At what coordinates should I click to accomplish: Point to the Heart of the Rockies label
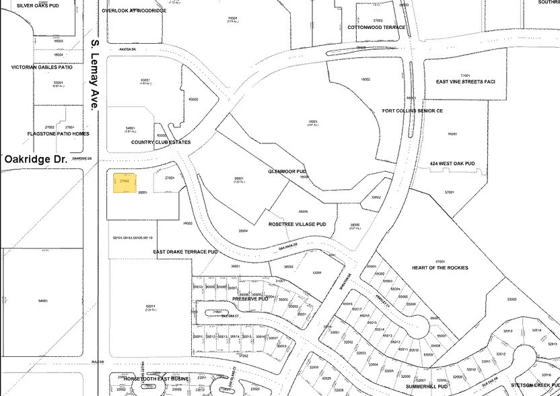(x=440, y=267)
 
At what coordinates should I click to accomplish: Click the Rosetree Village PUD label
(x=297, y=224)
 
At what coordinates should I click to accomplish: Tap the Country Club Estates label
(x=161, y=142)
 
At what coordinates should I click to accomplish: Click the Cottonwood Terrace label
(x=376, y=27)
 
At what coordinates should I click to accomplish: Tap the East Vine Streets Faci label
(x=465, y=81)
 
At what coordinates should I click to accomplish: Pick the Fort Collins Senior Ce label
(x=413, y=110)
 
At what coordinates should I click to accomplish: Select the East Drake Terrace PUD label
(x=185, y=252)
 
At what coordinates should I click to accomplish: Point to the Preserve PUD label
(x=250, y=298)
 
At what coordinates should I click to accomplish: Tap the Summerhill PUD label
(x=427, y=387)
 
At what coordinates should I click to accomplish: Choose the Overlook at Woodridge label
(x=133, y=11)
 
